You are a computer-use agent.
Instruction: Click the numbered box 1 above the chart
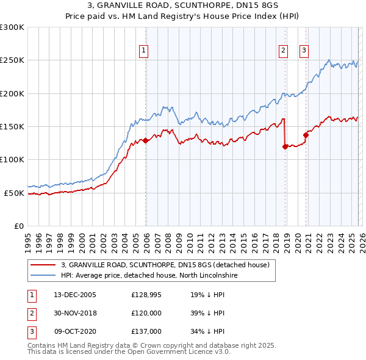click(x=143, y=51)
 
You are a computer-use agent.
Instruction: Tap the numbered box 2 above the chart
click(x=284, y=51)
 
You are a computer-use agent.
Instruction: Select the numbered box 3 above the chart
click(x=304, y=51)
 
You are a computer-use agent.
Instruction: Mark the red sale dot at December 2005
click(x=146, y=140)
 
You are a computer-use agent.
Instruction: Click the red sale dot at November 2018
click(x=285, y=146)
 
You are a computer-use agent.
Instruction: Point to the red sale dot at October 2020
click(x=306, y=135)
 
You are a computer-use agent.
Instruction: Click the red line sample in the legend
click(x=43, y=265)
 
